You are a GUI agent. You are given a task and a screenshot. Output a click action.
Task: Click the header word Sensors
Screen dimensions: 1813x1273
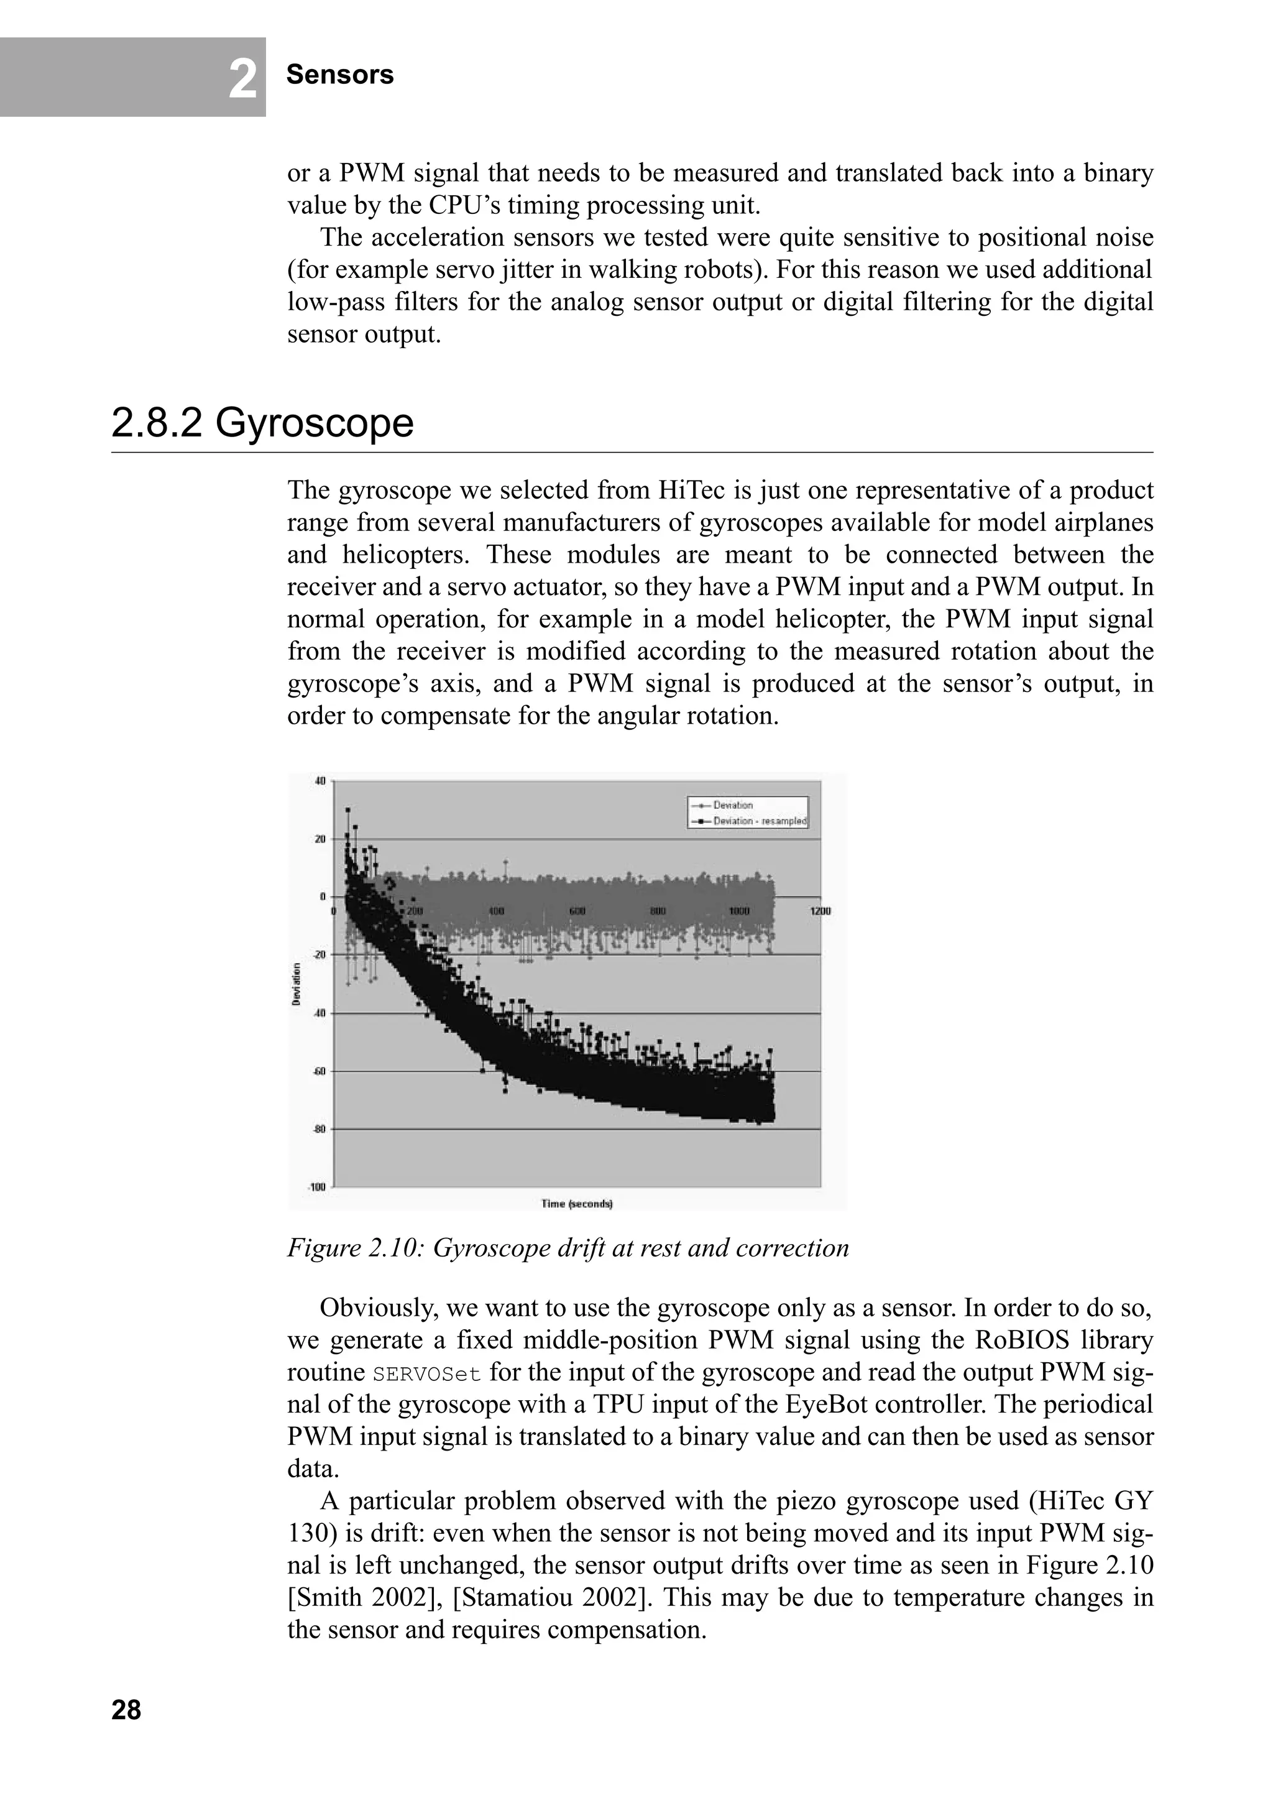339,75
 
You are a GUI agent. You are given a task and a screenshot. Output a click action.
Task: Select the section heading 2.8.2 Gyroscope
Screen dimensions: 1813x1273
262,423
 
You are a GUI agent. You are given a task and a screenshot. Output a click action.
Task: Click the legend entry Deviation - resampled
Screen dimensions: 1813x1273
759,821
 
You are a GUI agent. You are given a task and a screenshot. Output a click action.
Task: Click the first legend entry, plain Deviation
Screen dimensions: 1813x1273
732,805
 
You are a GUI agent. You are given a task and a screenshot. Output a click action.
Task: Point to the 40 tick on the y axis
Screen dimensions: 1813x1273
320,781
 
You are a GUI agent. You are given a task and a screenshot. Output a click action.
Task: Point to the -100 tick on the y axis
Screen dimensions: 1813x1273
318,1187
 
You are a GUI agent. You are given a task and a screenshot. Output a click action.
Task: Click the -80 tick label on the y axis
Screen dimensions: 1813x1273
319,1129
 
